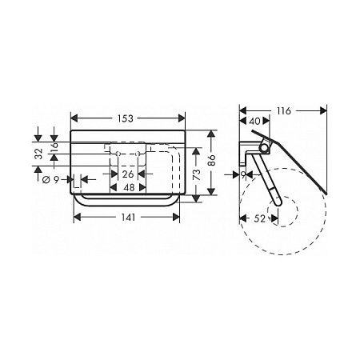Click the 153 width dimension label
tap(126, 118)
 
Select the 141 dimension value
tap(129, 218)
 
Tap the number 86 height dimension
tap(212, 160)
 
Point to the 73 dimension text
tap(197, 174)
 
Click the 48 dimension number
tap(129, 187)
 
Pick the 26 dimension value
tap(128, 174)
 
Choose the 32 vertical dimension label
tap(39, 154)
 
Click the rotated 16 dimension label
tap(54, 147)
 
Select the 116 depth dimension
tap(283, 110)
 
